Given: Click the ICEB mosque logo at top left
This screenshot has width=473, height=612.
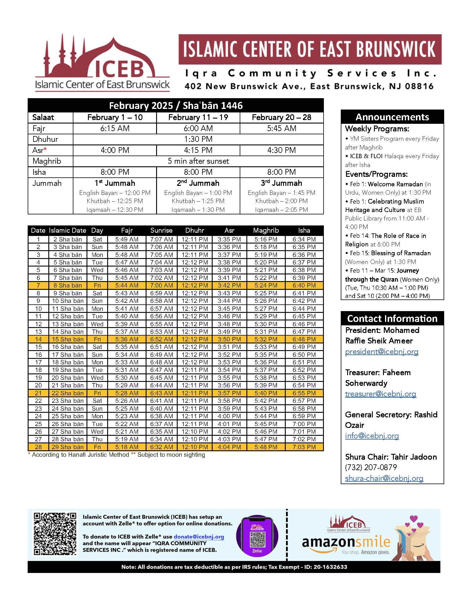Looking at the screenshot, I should [102, 63].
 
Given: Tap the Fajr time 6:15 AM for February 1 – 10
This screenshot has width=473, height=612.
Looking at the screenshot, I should [115, 128].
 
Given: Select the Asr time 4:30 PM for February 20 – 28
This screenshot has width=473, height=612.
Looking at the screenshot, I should [281, 150].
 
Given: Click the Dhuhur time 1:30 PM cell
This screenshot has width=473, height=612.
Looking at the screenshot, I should [198, 139].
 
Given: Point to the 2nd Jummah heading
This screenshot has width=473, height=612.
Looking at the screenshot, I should [198, 183].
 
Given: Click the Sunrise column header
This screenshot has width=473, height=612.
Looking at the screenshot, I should [161, 230].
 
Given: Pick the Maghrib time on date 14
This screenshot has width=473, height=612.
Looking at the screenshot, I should [266, 339].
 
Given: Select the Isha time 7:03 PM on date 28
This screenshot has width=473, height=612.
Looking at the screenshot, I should [304, 447].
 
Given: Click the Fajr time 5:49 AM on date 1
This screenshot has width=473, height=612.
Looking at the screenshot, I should [127, 239].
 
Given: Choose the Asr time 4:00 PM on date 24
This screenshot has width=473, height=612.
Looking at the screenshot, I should [229, 416].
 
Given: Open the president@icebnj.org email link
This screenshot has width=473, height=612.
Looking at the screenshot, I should [382, 352].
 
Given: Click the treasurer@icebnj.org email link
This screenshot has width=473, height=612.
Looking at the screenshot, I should [380, 394].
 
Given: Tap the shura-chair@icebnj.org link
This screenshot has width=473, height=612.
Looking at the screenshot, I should [384, 478].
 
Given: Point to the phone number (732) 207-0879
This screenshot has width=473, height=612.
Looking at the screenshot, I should [371, 468].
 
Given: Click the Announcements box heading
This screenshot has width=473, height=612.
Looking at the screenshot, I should [392, 117].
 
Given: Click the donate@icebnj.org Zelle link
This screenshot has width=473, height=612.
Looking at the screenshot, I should [199, 537].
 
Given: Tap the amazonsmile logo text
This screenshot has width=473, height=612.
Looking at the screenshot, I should [346, 542].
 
